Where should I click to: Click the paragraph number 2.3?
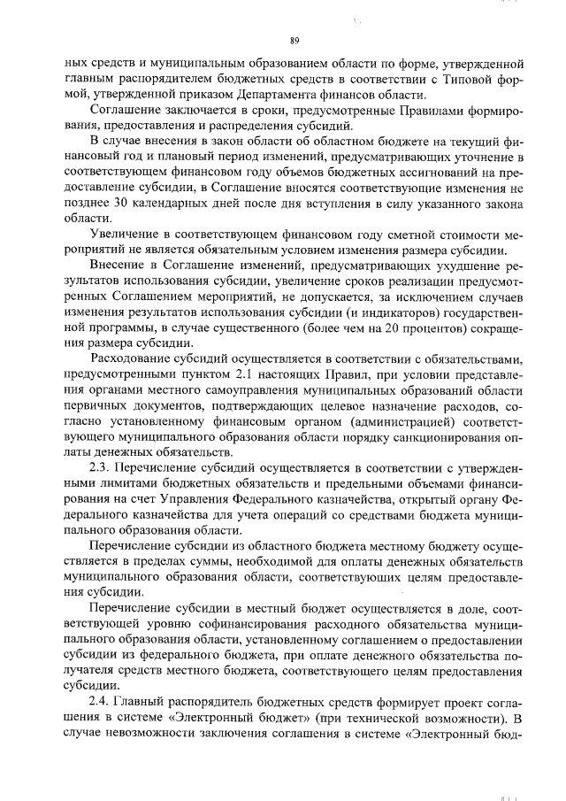[99, 466]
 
